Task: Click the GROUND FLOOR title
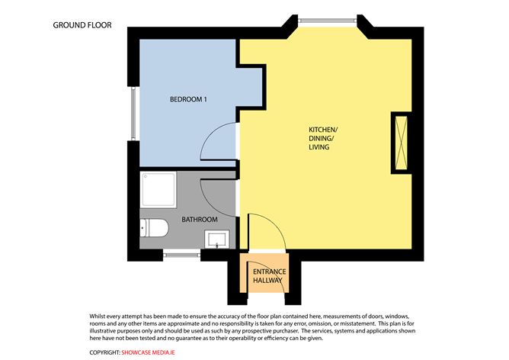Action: coord(82,25)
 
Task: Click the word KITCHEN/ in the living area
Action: coord(322,130)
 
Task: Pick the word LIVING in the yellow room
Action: coord(319,147)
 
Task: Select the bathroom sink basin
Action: coord(217,239)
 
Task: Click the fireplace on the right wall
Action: coord(400,143)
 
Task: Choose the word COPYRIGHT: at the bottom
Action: coord(105,352)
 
